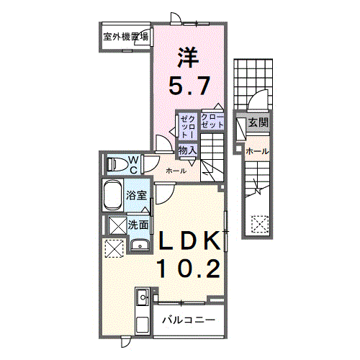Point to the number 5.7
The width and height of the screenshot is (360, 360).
(x=189, y=86)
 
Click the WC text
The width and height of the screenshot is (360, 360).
(x=133, y=163)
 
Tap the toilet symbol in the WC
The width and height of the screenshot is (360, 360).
(x=116, y=163)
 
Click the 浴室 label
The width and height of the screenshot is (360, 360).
(x=137, y=195)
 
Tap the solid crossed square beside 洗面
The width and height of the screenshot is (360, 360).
(x=116, y=225)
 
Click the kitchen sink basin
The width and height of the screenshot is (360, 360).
(x=141, y=296)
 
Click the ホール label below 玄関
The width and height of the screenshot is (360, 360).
(x=256, y=151)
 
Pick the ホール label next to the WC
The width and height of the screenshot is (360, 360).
(x=176, y=171)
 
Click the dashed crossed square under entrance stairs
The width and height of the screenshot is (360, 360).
(x=258, y=225)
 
